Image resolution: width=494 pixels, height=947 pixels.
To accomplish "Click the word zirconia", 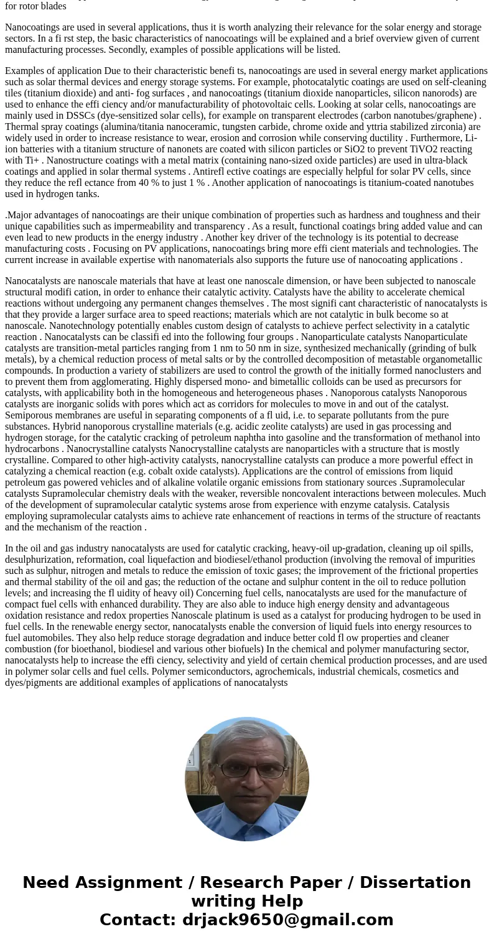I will point(443,127).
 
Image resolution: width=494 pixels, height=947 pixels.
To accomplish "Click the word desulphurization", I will point(42,560).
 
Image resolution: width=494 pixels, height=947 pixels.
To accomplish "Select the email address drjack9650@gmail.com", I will point(287,920).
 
